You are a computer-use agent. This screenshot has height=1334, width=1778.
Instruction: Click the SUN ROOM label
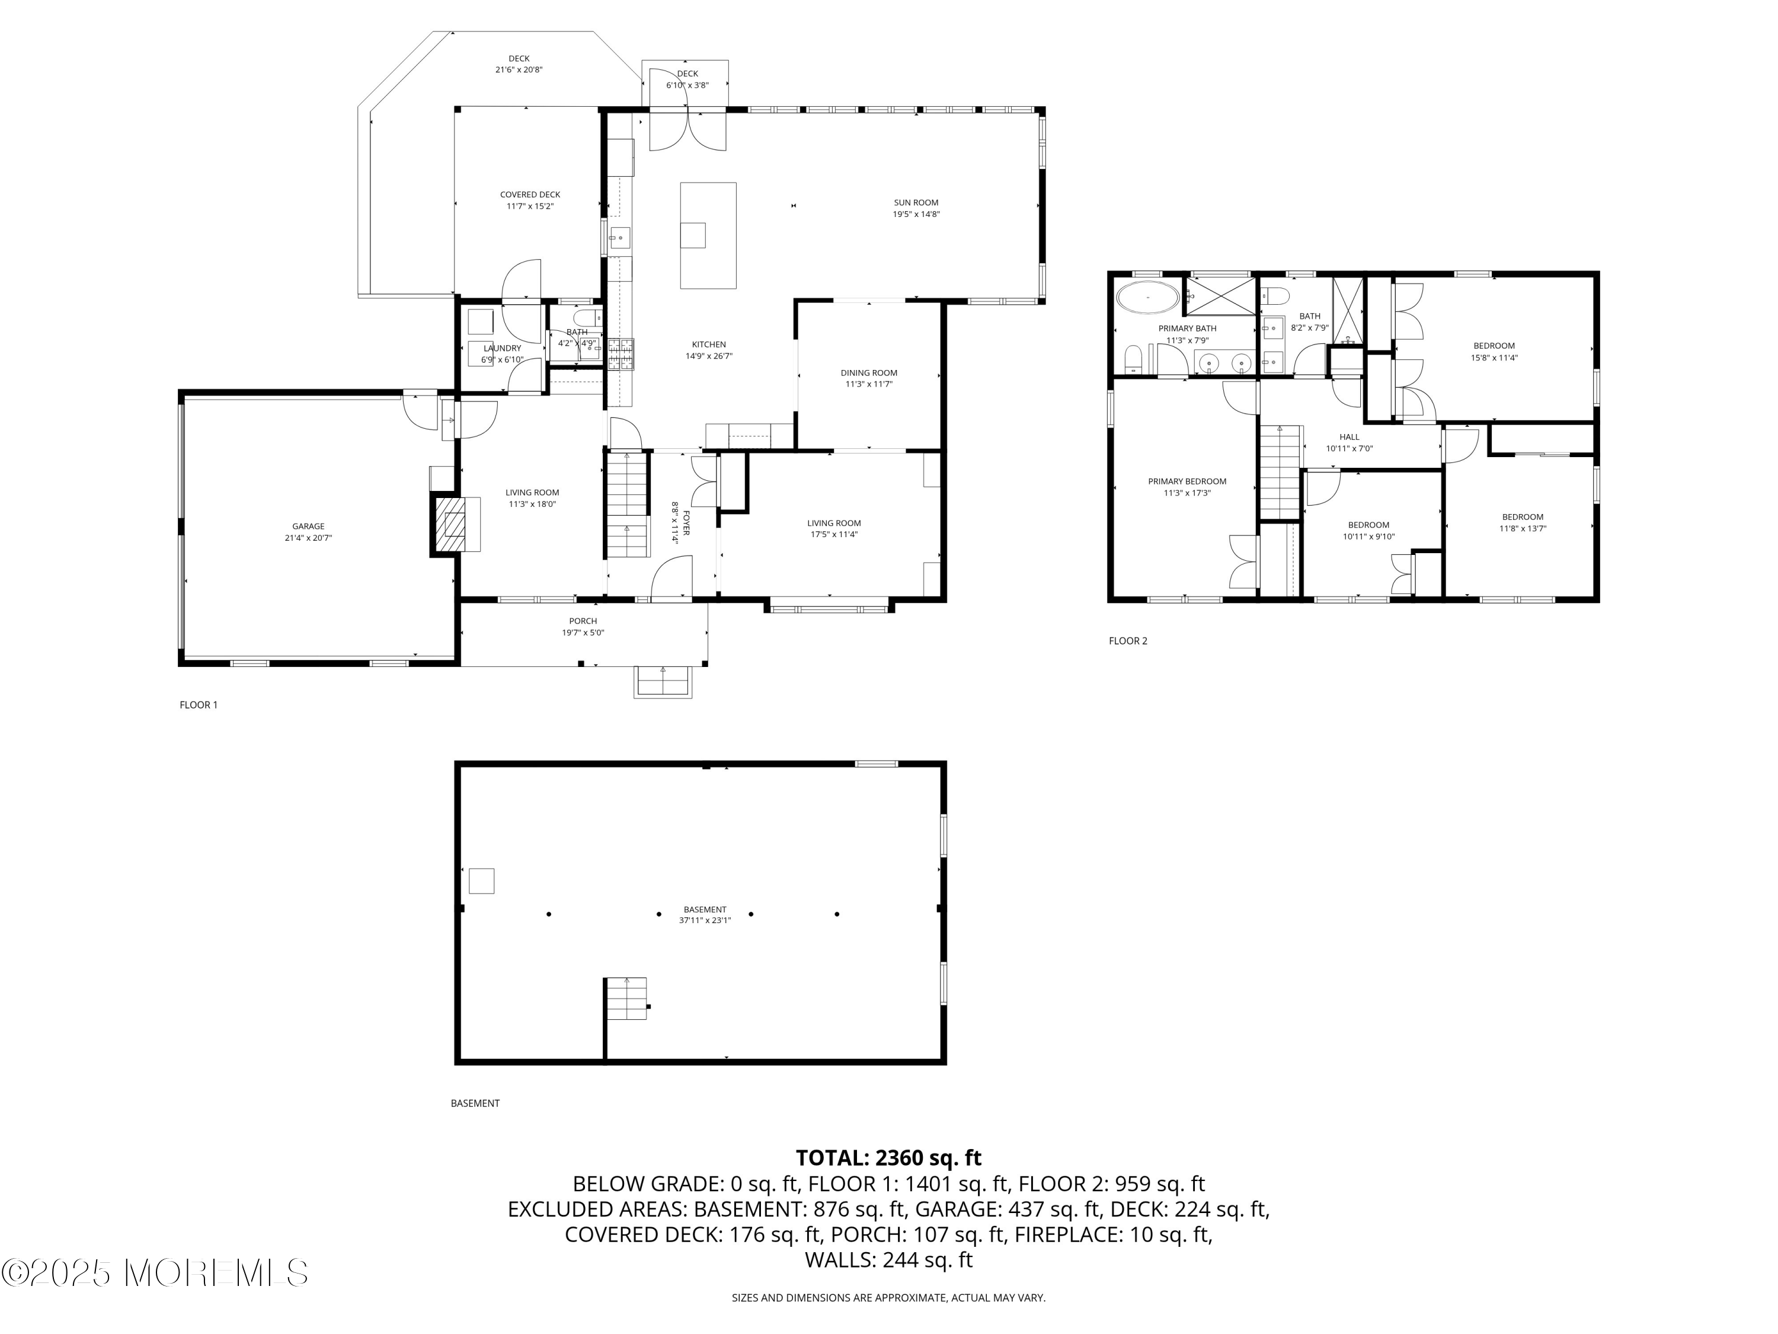pos(916,203)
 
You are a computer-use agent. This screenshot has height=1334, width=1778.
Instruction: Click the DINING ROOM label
pos(868,373)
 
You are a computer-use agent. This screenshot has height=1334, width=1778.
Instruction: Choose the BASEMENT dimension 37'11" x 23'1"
pos(704,921)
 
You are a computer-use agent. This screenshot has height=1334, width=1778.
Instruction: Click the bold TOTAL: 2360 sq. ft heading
pos(888,1158)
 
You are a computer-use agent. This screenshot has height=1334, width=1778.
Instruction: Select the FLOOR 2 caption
pos(1128,641)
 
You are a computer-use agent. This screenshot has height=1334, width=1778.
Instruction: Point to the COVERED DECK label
pos(530,194)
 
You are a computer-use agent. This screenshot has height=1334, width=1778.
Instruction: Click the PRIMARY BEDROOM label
pos(1187,481)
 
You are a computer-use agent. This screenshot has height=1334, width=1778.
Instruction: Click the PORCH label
pos(583,621)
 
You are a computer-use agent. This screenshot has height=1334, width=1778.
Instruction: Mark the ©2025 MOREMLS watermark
pos(154,1273)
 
